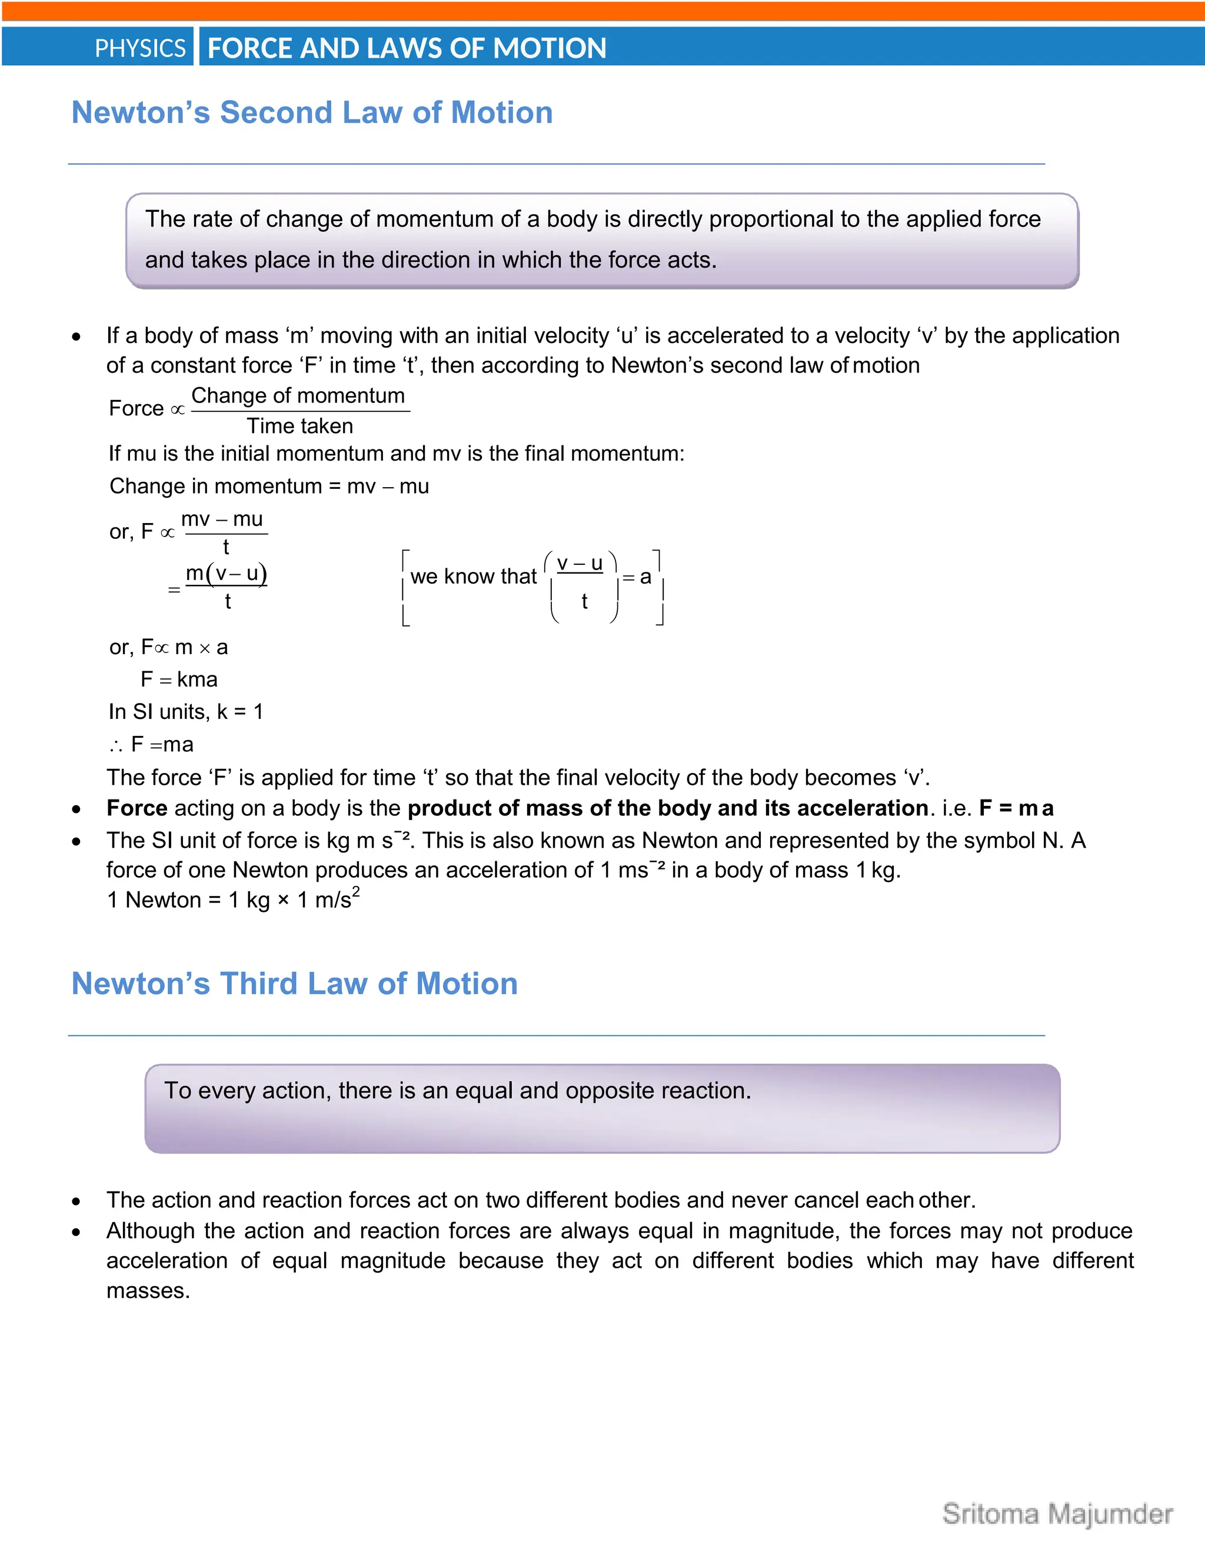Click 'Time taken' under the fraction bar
click(300, 426)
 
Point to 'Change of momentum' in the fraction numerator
click(298, 395)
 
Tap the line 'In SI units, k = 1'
click(185, 712)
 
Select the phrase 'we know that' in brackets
click(473, 577)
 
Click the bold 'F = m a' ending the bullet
click(1016, 808)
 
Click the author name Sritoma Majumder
click(1057, 1514)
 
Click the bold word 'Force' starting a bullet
click(137, 808)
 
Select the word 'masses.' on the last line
click(148, 1291)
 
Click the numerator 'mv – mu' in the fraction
click(222, 519)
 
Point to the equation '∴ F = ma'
click(151, 745)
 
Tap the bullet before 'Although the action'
click(76, 1232)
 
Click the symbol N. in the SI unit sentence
click(1051, 841)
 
